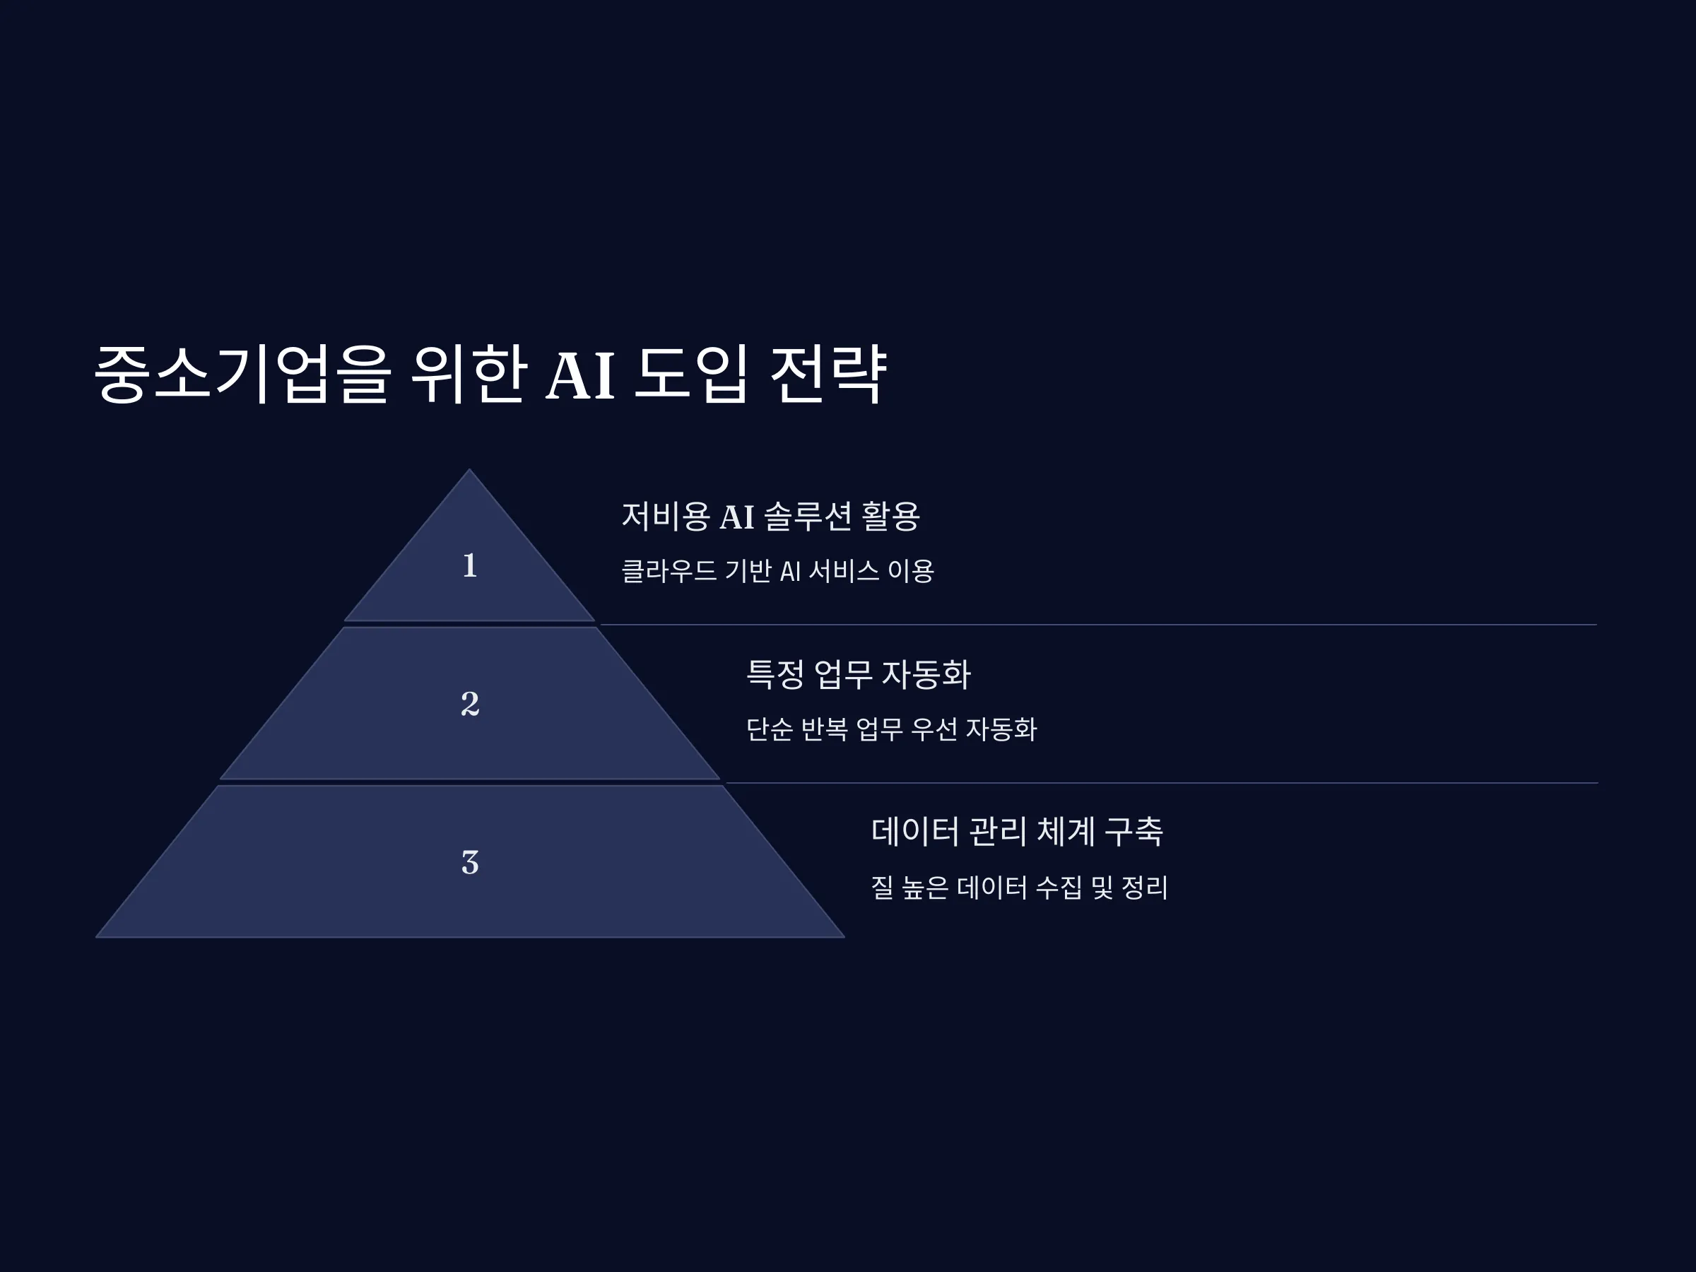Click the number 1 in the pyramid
(x=470, y=566)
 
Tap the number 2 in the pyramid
(x=470, y=704)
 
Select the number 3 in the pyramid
(x=470, y=863)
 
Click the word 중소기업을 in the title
(x=242, y=373)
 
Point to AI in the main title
(x=580, y=376)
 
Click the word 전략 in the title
(x=828, y=373)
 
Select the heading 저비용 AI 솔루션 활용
(x=770, y=516)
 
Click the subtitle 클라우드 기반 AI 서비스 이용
(x=777, y=570)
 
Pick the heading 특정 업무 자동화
(x=859, y=675)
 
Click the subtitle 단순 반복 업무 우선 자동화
(x=892, y=729)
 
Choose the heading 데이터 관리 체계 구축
(x=1018, y=832)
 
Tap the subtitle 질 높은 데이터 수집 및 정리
(x=1020, y=888)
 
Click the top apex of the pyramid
(x=470, y=469)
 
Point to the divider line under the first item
(x=1099, y=625)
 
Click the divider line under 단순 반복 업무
(x=1162, y=783)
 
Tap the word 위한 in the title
(x=469, y=373)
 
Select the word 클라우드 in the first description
(x=669, y=570)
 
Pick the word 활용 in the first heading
(x=891, y=516)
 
